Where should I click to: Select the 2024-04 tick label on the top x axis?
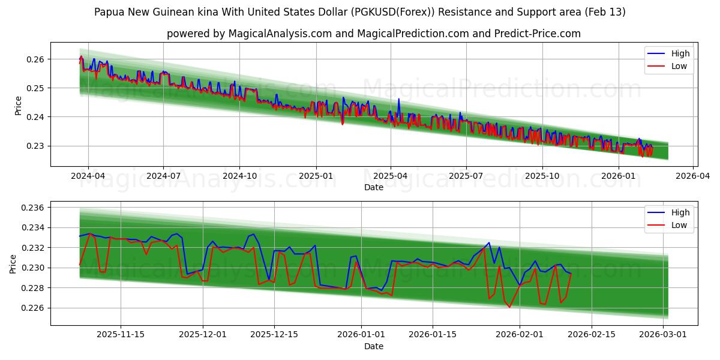88,176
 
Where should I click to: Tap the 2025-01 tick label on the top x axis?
316,176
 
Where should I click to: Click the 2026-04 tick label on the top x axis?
694,176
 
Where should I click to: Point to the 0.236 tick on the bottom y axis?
31,208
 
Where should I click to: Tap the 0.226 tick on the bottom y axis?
31,308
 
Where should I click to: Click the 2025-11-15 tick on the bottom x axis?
121,335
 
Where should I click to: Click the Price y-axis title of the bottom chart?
13,263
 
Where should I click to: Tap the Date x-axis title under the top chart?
373,187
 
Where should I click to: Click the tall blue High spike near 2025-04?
398,100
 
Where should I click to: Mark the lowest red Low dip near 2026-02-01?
509,307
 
